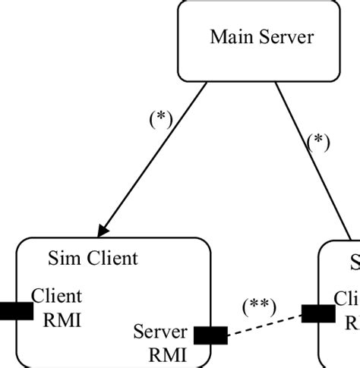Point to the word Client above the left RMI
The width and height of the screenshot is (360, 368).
click(56, 296)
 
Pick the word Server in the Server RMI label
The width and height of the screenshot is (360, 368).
click(159, 332)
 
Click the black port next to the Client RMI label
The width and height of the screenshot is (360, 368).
click(15, 310)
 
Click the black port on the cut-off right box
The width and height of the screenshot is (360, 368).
click(317, 313)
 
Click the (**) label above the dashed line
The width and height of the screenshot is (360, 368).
click(259, 306)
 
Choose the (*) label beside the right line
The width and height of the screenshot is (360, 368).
click(317, 142)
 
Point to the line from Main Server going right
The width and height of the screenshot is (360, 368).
click(311, 159)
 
